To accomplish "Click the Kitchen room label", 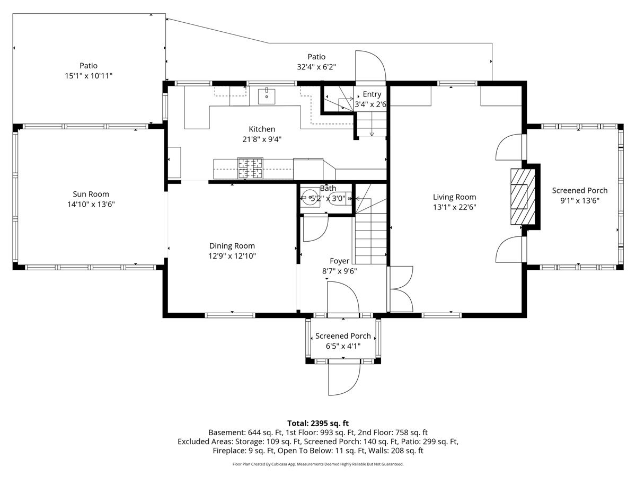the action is tap(262, 129).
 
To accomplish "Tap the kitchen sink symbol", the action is tap(267, 96).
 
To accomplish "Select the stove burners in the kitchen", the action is tap(250, 168).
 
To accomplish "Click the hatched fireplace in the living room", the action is tap(523, 197).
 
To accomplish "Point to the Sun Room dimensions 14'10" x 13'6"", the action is tap(91, 205).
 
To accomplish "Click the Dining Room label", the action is tap(232, 245).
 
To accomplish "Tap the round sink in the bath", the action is tap(310, 198).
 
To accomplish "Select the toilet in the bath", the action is tap(340, 199).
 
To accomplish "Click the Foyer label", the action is tap(339, 261).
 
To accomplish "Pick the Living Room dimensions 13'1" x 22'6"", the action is tap(455, 207).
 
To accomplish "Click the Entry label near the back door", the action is tap(372, 94).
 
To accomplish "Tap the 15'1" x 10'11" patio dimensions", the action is tap(89, 76).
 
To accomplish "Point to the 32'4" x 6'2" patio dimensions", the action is tap(316, 67).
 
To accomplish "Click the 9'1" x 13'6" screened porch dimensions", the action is tap(579, 201).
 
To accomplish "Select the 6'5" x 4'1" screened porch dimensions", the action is tap(343, 346).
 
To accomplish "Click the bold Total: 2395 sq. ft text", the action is tap(318, 423).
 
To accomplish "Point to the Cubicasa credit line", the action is tap(318, 464).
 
